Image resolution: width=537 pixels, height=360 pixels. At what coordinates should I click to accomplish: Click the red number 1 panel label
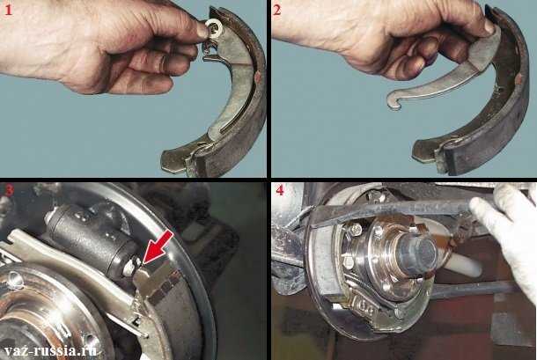[8, 11]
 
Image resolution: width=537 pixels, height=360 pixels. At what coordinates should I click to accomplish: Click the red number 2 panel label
[277, 11]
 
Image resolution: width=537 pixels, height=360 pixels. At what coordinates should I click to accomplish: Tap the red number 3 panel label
[9, 190]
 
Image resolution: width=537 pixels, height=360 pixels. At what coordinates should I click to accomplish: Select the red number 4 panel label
[280, 190]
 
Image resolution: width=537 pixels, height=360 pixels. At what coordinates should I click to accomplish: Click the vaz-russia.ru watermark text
[50, 350]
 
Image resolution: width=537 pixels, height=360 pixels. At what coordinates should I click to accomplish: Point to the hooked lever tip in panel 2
[394, 103]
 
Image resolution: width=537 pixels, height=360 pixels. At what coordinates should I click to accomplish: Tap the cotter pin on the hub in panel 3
[16, 279]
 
